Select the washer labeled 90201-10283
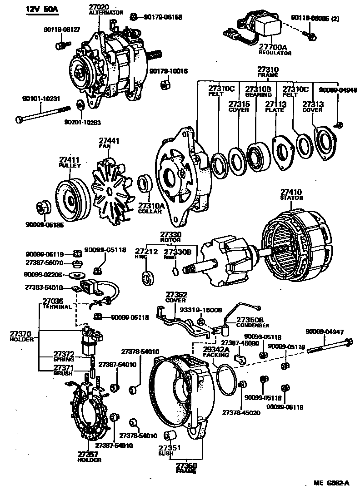[x=80, y=105]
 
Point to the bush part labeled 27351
[x=169, y=437]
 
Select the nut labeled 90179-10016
[x=165, y=85]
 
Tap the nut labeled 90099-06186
[x=44, y=207]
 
